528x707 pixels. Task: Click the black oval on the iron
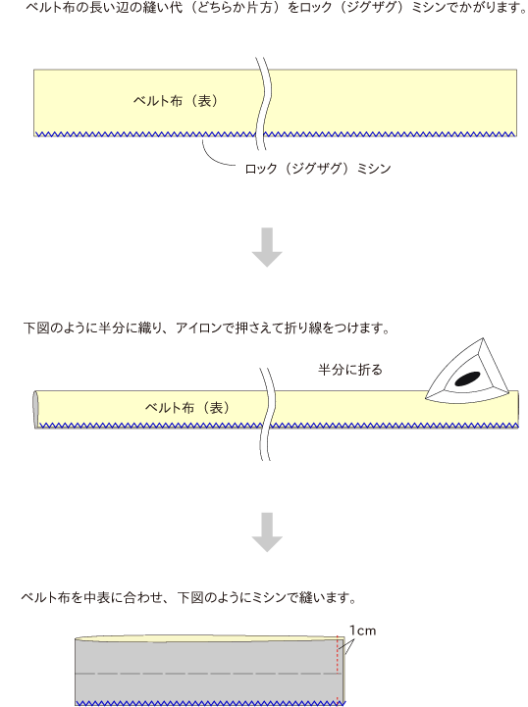point(467,379)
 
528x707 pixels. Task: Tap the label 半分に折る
point(350,370)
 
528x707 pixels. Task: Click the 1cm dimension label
point(362,631)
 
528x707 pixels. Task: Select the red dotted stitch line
point(337,670)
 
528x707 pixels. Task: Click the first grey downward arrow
point(267,247)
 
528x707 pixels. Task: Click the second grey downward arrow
point(267,532)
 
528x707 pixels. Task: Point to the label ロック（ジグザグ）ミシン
point(318,169)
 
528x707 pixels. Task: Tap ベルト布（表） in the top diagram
point(176,101)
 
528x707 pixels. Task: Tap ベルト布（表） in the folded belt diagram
point(187,408)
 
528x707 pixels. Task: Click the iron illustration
point(467,372)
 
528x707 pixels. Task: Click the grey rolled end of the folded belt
point(36,410)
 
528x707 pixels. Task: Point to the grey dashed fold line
point(205,674)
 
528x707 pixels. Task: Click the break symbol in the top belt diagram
point(263,104)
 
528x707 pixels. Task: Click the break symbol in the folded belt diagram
point(267,414)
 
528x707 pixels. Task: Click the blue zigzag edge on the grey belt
point(210,703)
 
